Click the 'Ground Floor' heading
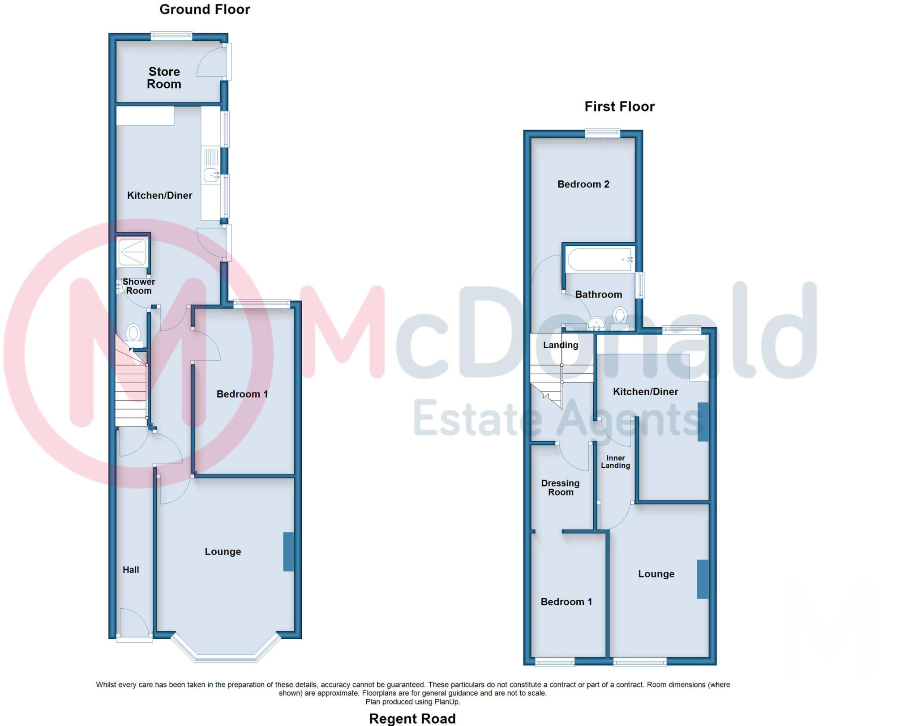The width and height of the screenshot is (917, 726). tap(205, 9)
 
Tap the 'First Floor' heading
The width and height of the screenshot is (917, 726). tap(619, 107)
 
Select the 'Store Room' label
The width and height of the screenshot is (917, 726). tap(164, 78)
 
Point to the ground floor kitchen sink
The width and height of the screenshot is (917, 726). tap(210, 175)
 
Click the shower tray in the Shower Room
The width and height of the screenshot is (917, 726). tap(132, 252)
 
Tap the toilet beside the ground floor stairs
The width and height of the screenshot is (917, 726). tap(133, 333)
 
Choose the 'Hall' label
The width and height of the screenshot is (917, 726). tap(131, 570)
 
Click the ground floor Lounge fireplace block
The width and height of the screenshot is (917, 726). tap(288, 551)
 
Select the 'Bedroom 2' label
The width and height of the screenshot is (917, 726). tap(583, 184)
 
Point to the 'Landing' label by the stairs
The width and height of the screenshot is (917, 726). tap(561, 345)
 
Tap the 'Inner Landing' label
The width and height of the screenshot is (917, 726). tap(615, 462)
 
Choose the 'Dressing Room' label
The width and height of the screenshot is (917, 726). tap(560, 488)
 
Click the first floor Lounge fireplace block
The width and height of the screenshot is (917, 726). tap(703, 579)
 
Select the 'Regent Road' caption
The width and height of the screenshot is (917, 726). tap(412, 718)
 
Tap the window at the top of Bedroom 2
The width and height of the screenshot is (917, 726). tap(602, 132)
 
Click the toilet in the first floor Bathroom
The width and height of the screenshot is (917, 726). tap(620, 316)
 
